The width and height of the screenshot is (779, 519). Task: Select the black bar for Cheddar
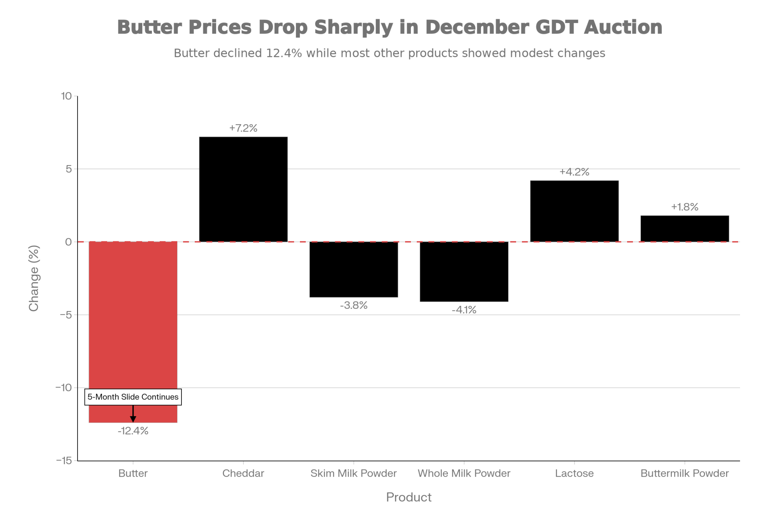(243, 189)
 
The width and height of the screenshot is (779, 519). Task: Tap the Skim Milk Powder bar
(354, 269)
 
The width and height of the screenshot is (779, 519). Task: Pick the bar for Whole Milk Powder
(464, 272)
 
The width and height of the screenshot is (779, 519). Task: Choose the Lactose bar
(574, 211)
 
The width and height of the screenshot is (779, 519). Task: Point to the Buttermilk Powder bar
(684, 229)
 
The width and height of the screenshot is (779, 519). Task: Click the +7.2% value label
(243, 128)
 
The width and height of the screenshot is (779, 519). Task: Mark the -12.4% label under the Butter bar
(133, 431)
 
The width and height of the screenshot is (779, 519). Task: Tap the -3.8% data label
(354, 305)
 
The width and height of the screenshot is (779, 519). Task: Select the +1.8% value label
(684, 207)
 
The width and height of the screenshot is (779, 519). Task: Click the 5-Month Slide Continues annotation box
(133, 397)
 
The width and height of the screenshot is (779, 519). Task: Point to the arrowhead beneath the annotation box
(133, 419)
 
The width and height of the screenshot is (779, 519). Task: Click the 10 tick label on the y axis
(67, 96)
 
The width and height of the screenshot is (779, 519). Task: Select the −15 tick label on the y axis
(64, 461)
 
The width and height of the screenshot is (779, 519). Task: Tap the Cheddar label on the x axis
(243, 473)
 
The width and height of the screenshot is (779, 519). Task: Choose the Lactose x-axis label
(574, 473)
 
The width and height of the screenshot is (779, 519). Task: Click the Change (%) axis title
(34, 278)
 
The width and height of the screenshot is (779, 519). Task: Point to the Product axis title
(409, 497)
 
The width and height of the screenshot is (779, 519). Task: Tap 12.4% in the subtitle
(284, 53)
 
